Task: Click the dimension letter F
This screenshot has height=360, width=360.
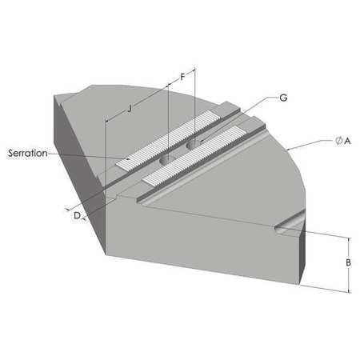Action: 182,77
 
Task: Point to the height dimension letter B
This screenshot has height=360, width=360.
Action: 350,262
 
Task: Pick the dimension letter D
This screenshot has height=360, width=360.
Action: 76,216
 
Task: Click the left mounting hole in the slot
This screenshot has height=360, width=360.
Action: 166,161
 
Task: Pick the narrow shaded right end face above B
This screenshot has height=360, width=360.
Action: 302,256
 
